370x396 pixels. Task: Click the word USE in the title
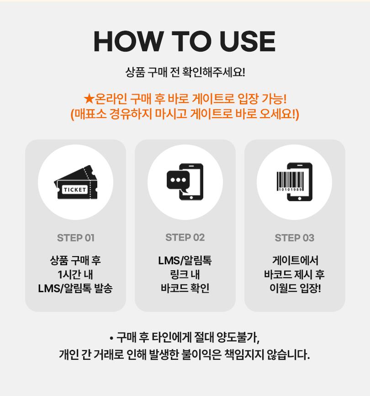click(248, 42)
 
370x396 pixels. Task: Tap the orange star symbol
click(89, 98)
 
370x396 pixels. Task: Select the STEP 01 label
click(76, 238)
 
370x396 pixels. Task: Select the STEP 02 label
click(185, 237)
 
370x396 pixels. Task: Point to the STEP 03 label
click(294, 238)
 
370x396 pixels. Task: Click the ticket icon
click(76, 182)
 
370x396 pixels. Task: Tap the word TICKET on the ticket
click(74, 190)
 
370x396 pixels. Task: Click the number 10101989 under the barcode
click(290, 189)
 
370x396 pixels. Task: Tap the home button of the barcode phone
click(299, 198)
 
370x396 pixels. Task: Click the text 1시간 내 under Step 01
click(75, 274)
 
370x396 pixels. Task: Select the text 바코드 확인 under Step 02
click(185, 288)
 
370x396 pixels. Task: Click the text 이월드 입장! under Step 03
click(295, 288)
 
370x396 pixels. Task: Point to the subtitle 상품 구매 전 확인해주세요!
click(185, 72)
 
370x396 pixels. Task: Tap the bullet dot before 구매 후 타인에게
click(111, 338)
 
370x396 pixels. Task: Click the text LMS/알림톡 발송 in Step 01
click(75, 289)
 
